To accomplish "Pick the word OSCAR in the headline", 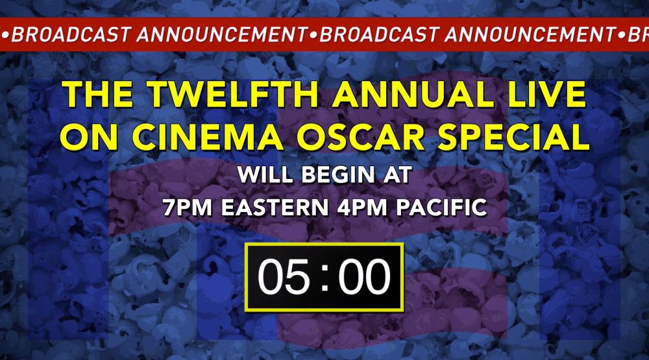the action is (360, 137).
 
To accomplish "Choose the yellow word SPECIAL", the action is (513, 137).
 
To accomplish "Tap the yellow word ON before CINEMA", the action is (90, 137).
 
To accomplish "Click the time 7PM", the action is (188, 208).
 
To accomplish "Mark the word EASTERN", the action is (275, 208).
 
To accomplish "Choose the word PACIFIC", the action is (441, 208).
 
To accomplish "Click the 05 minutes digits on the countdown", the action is (284, 276).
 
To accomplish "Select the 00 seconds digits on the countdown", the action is (364, 276).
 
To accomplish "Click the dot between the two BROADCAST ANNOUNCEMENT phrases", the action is (313, 36).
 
